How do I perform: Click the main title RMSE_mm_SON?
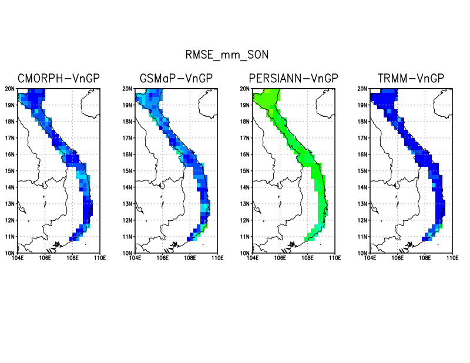coord(227,55)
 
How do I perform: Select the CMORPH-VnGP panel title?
coord(59,79)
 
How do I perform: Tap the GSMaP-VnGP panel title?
coord(176,79)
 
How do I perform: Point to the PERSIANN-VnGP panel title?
coord(294,79)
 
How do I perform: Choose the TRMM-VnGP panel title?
coord(411,79)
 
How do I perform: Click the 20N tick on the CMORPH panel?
coord(9,89)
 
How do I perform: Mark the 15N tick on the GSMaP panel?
coord(127,171)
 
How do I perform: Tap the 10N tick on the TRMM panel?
coord(362,253)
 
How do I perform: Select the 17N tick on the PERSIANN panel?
coord(244,138)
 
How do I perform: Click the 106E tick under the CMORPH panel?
coord(45,258)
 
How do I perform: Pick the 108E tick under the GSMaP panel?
coord(190,258)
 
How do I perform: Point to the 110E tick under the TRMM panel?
coord(452,258)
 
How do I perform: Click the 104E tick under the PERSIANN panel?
coord(253,258)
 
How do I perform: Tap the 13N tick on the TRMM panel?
coord(362,204)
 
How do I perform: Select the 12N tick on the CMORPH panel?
coord(9,220)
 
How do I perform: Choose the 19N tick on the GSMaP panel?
coord(127,105)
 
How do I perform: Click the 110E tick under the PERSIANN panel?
coord(335,258)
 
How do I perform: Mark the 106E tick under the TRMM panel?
coord(398,258)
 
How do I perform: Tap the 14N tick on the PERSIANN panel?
coord(244,187)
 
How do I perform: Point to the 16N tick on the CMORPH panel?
coord(9,154)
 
